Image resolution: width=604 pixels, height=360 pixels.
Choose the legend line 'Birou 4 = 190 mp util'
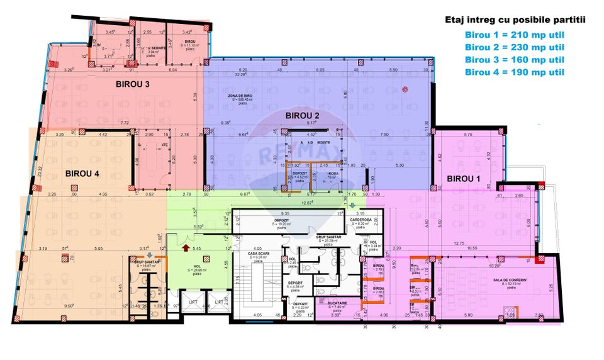(x=514, y=72)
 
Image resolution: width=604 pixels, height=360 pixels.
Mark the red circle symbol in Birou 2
(x=406, y=89)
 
